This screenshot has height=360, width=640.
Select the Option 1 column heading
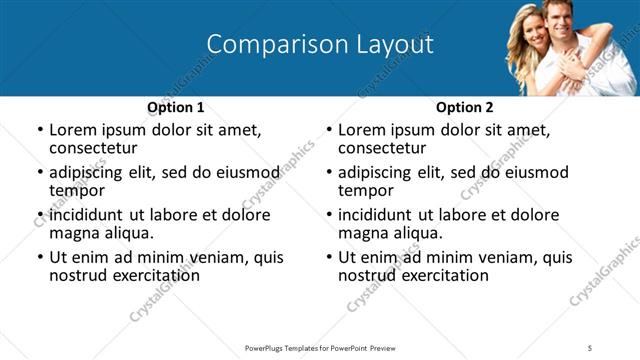tap(176, 108)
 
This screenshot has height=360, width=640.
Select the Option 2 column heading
tap(465, 108)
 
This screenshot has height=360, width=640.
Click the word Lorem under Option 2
tap(362, 130)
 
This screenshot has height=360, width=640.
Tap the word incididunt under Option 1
tap(85, 215)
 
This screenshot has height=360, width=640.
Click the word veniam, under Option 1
tap(218, 257)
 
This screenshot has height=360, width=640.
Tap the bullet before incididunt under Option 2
tap(327, 215)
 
